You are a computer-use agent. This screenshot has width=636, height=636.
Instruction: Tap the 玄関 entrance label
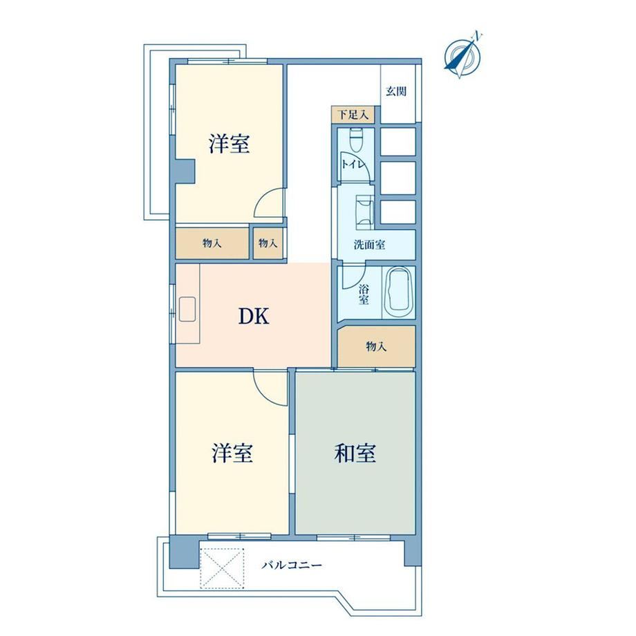tap(396, 91)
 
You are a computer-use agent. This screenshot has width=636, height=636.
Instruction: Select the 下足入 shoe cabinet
tap(353, 115)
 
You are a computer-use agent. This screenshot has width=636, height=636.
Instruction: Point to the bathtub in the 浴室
tap(399, 292)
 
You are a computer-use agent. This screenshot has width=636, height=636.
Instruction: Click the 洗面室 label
tap(369, 245)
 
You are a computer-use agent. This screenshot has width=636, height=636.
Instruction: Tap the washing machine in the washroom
tap(364, 212)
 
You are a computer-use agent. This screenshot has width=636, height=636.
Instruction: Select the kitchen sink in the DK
tap(187, 309)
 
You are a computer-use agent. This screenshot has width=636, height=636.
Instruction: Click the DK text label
tap(254, 316)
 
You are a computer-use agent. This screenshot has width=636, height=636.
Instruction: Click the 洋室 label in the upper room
tap(230, 144)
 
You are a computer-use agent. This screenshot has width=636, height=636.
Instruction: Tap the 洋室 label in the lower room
tap(232, 453)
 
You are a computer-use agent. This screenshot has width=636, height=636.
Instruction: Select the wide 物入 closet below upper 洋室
tap(212, 243)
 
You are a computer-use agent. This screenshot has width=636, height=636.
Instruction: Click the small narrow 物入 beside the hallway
tap(268, 243)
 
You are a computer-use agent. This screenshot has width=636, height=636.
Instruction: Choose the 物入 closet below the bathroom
tap(376, 346)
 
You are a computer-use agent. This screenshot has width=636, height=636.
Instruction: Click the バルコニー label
tap(291, 565)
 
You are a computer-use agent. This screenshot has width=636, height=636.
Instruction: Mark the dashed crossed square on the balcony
tap(223, 568)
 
